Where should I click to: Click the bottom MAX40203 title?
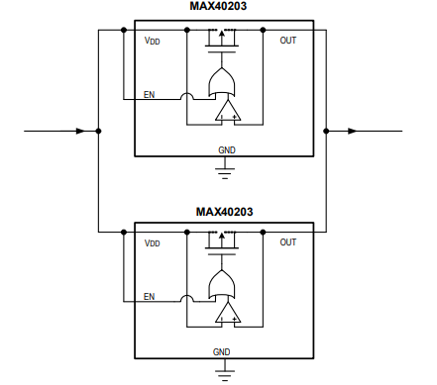point(224,211)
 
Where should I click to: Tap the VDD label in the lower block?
point(152,242)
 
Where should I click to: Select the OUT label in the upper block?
point(288,40)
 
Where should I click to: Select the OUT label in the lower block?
point(288,242)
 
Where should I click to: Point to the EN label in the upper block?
point(149,97)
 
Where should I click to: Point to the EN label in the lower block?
point(149,296)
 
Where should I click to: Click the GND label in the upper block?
point(226,149)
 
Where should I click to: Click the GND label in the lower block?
point(222,351)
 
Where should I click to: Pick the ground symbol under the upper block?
point(226,172)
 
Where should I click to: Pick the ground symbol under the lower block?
point(226,374)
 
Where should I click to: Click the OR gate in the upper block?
point(224,82)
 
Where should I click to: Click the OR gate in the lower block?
point(224,285)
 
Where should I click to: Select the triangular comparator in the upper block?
point(227,112)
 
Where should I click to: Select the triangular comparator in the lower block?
point(227,314)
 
